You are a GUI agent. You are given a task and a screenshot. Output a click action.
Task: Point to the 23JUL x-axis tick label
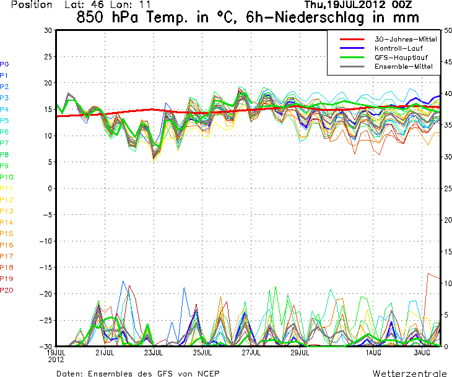coord(154,353)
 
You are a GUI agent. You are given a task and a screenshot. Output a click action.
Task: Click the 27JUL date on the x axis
coord(251,353)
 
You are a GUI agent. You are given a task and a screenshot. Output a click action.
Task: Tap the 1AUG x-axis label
coord(372,353)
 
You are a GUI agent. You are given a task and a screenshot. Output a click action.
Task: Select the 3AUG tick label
coord(421,353)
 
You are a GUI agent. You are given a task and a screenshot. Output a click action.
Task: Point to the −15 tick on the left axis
coord(45,267)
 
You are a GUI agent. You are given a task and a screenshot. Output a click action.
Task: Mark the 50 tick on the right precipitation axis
coord(446,30)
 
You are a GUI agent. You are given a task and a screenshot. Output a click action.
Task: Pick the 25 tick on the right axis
coord(446,188)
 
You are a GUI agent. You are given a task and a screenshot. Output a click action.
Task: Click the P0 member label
coord(4,64)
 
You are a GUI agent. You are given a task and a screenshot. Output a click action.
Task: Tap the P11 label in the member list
coord(6,188)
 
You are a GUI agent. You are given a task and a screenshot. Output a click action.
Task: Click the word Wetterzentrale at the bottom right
coord(409,373)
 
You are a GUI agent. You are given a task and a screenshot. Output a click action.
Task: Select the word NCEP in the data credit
coord(206,373)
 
